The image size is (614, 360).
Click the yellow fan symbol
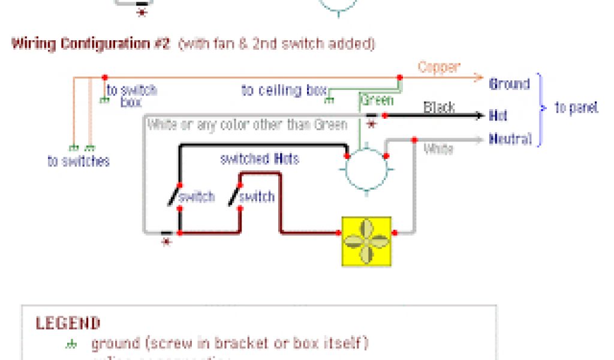pos(366,241)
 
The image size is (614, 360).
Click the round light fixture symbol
pos(366,170)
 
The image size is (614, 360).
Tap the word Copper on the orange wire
pos(439,67)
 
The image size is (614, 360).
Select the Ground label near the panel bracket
pos(510,84)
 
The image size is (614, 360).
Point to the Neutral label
pos(510,139)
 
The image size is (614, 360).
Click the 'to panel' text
pos(576,108)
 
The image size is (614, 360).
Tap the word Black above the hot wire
pos(439,107)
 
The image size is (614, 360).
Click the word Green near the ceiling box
pos(377,100)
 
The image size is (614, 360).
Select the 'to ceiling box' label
pos(284,91)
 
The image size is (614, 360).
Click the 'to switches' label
pos(79,161)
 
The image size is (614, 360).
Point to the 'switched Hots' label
pos(259,159)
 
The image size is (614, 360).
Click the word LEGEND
pos(68,323)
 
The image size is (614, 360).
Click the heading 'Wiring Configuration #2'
pos(91,44)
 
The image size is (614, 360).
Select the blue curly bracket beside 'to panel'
pos(540,109)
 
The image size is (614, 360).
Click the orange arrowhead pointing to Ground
pos(478,77)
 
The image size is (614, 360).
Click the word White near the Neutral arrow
pos(438,149)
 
